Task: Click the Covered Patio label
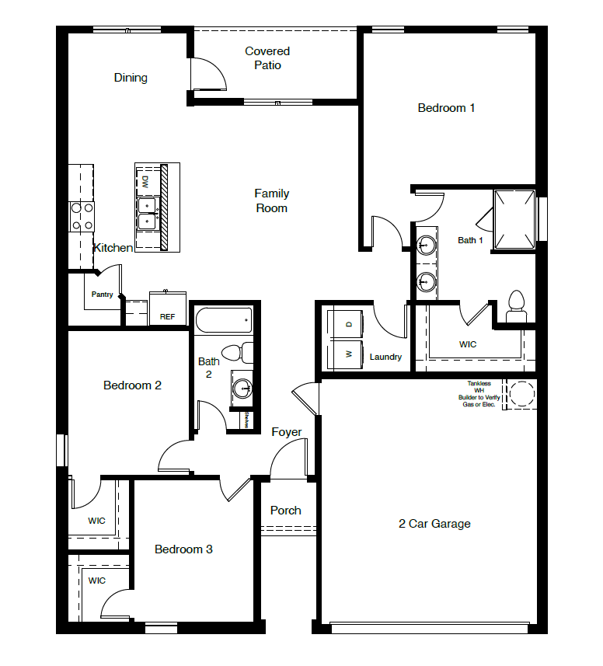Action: (267, 58)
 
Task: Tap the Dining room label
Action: (131, 78)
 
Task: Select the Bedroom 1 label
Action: (446, 108)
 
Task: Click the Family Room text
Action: (271, 200)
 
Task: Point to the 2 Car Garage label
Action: (434, 524)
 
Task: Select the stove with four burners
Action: (82, 217)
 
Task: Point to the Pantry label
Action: (102, 295)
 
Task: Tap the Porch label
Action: (285, 511)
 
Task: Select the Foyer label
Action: (286, 432)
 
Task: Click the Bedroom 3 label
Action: (183, 549)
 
